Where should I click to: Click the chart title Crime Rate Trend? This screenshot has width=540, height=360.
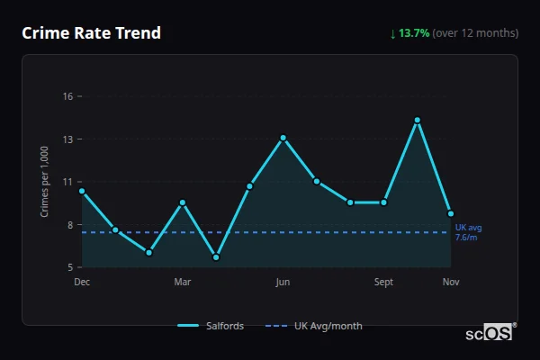click(91, 33)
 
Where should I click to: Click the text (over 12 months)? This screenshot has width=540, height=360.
click(475, 33)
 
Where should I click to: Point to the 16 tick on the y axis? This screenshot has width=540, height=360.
click(66, 96)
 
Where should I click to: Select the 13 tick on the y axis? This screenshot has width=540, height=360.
click(66, 139)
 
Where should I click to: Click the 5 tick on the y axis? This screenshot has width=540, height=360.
click(68, 267)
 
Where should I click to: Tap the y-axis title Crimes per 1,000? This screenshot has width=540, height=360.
click(45, 182)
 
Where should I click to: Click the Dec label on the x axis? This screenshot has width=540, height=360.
click(82, 282)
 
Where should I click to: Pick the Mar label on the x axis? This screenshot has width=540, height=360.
click(183, 282)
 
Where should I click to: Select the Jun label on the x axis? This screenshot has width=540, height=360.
click(283, 282)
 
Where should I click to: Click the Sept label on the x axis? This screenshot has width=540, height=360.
click(383, 282)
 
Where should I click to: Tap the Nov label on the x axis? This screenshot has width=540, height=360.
click(451, 282)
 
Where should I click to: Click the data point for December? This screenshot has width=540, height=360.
click(82, 191)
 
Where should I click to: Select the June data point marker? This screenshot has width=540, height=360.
click(283, 138)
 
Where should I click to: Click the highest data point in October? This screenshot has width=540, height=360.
click(418, 120)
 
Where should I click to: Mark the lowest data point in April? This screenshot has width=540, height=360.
click(216, 257)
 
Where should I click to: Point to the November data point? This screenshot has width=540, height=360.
click(451, 213)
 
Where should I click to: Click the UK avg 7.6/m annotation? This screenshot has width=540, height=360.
click(467, 232)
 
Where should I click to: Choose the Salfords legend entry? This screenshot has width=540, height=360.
click(211, 326)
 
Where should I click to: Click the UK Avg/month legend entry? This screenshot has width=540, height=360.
click(316, 326)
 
